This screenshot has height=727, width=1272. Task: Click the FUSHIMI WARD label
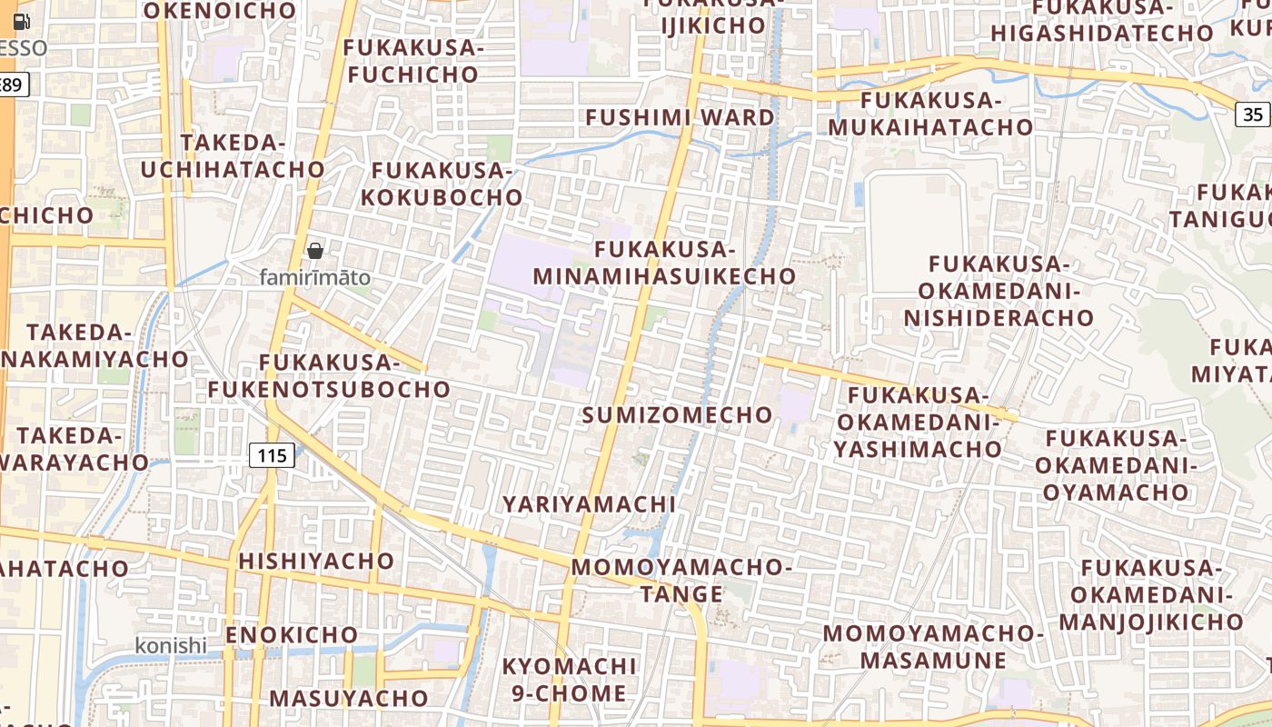click(680, 117)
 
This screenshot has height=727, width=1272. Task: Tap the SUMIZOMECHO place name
click(677, 415)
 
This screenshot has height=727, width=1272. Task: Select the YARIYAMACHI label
click(589, 504)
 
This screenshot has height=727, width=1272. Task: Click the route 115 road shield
click(273, 455)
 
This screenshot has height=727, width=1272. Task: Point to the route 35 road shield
click(1253, 115)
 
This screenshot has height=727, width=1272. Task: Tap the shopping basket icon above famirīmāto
click(315, 251)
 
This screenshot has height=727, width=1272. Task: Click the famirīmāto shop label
click(315, 277)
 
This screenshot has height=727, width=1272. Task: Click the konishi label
click(171, 645)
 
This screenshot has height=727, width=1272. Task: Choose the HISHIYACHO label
click(316, 561)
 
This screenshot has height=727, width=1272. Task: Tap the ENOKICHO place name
click(292, 634)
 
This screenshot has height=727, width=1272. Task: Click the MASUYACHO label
click(349, 699)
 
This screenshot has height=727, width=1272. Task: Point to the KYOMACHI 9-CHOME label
click(569, 680)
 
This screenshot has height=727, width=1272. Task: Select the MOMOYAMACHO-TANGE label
click(681, 581)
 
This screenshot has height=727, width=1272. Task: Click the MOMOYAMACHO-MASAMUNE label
click(933, 646)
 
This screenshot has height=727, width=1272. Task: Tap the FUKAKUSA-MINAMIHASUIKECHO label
click(664, 263)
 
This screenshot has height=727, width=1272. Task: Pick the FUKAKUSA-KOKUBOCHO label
click(442, 184)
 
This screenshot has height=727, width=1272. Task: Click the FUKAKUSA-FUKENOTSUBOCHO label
click(329, 376)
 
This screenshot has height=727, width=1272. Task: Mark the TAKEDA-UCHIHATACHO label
click(233, 156)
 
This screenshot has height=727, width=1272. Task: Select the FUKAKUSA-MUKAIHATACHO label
click(930, 114)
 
